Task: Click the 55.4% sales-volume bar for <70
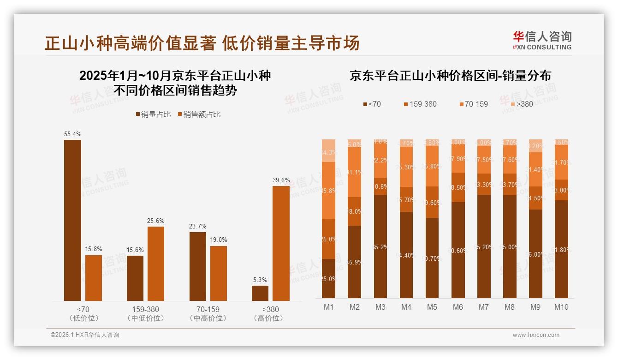72,220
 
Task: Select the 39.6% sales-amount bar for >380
281,243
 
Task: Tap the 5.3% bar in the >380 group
260,293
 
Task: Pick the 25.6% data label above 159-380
156,221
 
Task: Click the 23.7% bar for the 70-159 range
198,266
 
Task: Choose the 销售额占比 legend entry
199,114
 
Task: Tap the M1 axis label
328,307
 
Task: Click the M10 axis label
561,307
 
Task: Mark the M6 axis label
458,307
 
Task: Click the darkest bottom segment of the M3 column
380,246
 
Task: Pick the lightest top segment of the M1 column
328,150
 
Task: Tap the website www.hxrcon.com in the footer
536,335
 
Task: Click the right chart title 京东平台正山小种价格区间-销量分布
450,76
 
